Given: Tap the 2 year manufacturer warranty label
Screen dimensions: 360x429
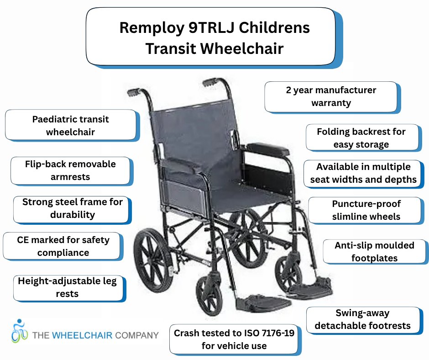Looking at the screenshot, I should tap(331, 96).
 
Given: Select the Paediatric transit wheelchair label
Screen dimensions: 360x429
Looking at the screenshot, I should tap(70, 126).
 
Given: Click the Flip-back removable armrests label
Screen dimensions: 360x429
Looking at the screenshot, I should tap(70, 170).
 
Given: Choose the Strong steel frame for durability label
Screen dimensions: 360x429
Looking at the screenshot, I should tap(72, 208).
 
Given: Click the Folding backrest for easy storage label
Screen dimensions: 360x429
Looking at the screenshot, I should tap(361, 138).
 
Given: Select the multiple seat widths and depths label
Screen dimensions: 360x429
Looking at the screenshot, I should tap(363, 173).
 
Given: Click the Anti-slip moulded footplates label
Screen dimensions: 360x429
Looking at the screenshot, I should tap(374, 251).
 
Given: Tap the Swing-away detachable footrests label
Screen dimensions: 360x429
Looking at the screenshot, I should tap(362, 320).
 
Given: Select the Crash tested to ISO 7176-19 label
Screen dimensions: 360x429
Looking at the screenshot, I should tap(234, 339).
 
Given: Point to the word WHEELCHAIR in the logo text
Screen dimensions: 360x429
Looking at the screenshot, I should tap(84, 335).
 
